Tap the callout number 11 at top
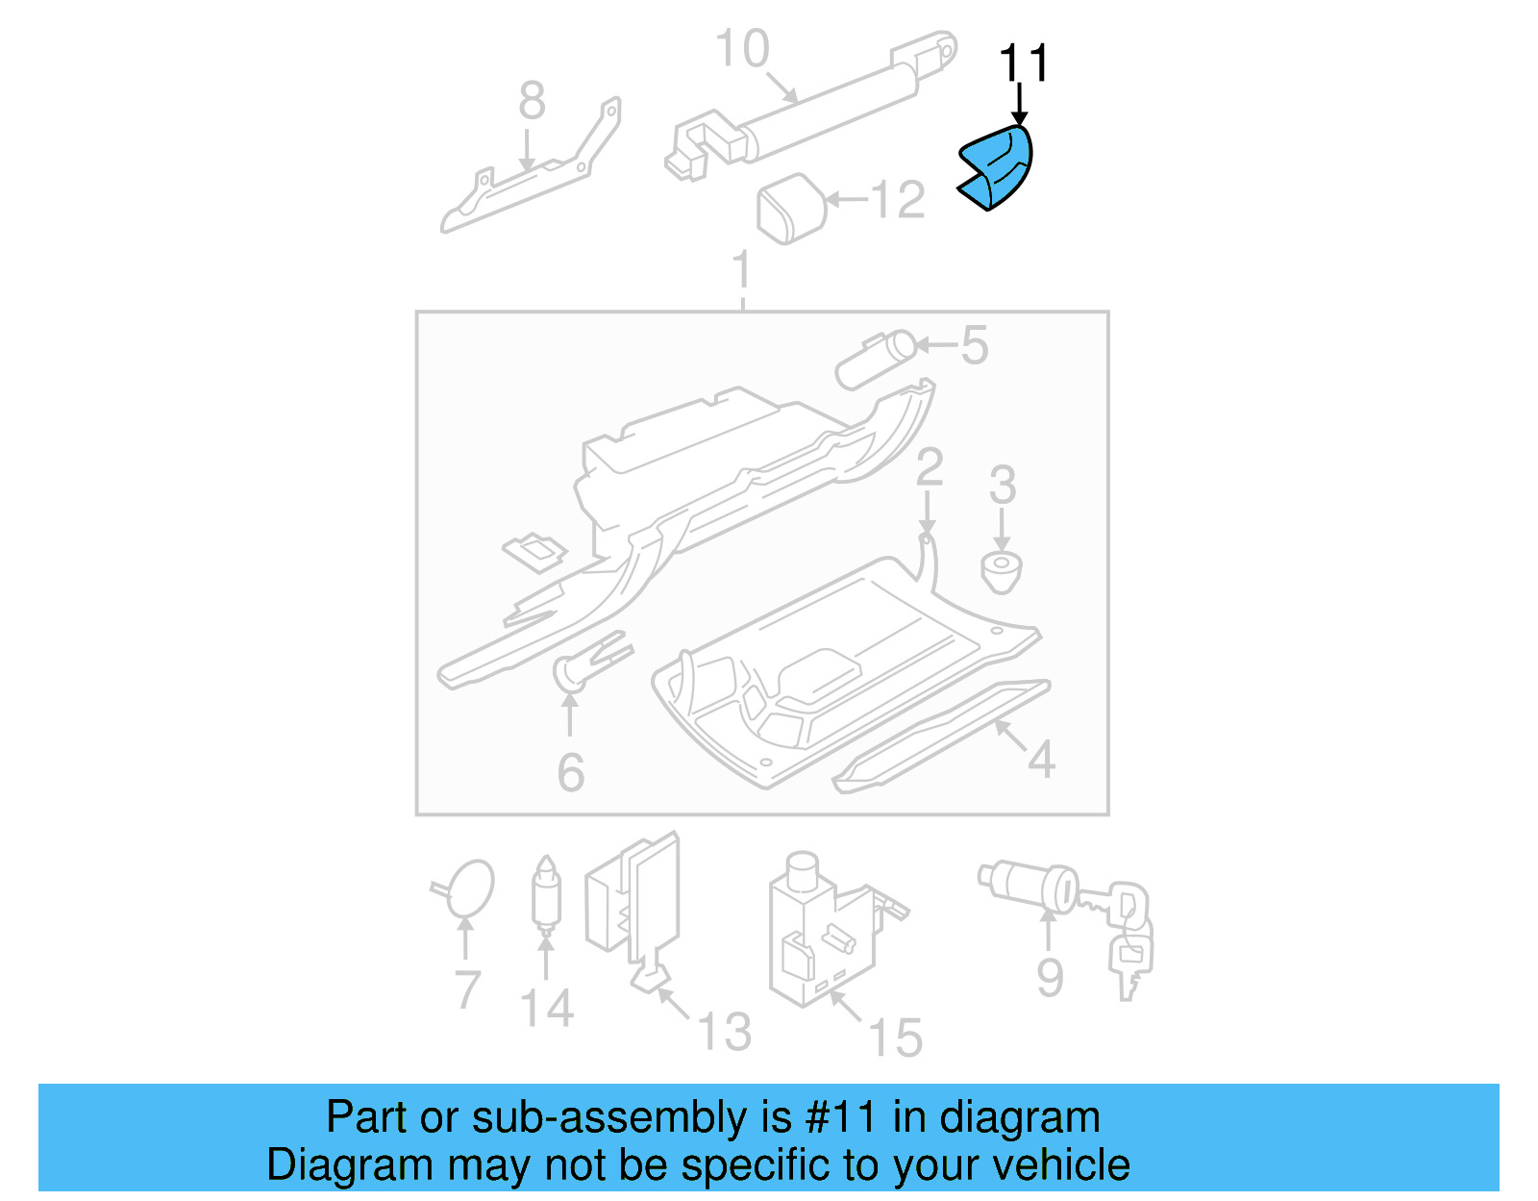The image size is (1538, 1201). coord(1024,63)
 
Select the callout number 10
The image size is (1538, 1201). coord(742,49)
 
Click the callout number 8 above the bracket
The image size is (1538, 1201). coord(532,101)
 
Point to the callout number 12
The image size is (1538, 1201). coord(897,200)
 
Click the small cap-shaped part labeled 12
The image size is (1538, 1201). coord(791,208)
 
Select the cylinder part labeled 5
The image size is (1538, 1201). coord(875,358)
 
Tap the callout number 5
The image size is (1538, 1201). coord(974,345)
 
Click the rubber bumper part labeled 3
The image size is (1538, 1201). coord(1001,571)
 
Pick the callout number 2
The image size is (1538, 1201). coord(929,468)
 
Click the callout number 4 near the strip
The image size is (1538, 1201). coord(1041,760)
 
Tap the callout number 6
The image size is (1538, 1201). coord(570,772)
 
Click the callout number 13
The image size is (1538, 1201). coord(724,1032)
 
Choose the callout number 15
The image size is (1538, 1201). coord(895,1038)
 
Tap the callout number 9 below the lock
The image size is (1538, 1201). coord(1050,978)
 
